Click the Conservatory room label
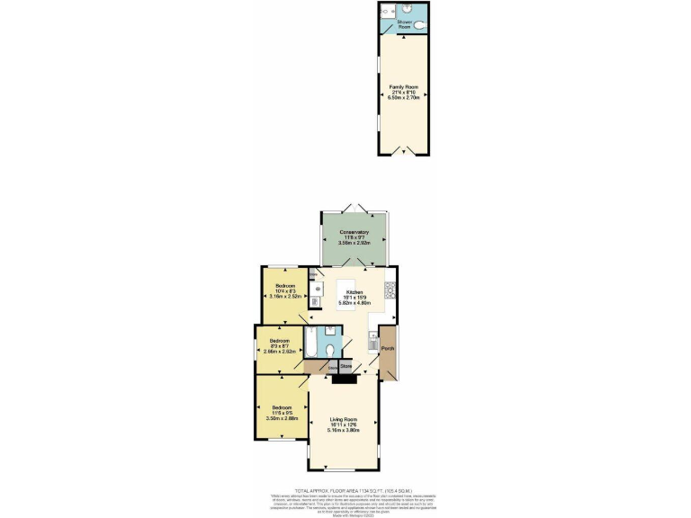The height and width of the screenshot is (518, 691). (354, 237)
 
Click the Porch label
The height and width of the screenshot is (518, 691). (388, 348)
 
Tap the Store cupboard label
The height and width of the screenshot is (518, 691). (345, 366)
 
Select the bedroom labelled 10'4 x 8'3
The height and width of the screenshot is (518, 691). (286, 290)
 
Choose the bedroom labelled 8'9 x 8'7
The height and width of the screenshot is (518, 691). (280, 345)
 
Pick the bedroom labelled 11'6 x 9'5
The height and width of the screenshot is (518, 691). (283, 413)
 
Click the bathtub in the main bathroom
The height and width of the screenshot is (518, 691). (310, 344)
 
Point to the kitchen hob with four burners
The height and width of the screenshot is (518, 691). (390, 290)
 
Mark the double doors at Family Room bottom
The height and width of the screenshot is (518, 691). (402, 154)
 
